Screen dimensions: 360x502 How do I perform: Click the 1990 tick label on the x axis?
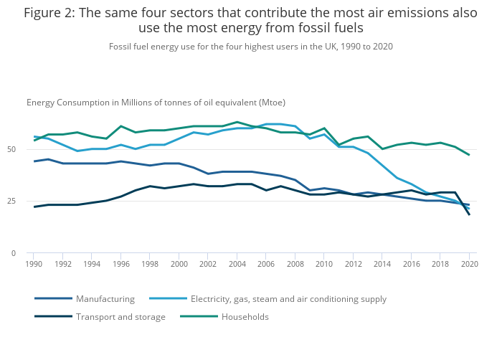coord(32,265)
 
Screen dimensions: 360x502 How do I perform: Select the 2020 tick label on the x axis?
coord(469,265)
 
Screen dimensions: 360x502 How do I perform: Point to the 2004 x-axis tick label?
coord(236,265)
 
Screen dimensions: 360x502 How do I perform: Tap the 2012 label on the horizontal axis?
coord(353,265)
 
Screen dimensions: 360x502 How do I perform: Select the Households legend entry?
coord(245,316)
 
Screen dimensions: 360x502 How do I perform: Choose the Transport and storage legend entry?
coord(120,316)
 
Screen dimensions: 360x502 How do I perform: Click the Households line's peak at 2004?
coord(237,122)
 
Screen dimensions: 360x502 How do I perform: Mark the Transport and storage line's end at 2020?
coord(469,214)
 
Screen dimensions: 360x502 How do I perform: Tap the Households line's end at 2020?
coord(469,155)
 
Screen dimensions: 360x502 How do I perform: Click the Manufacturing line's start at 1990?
coord(33,161)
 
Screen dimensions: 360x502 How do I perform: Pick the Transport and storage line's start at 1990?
coord(33,207)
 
